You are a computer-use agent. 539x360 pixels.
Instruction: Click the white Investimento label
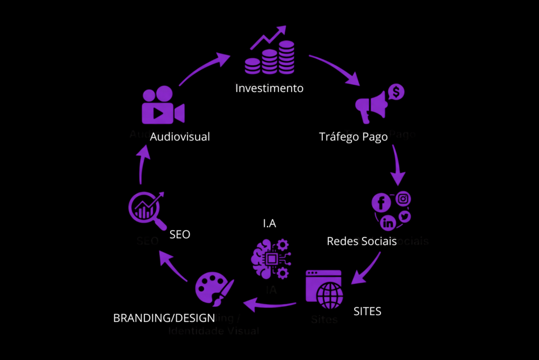pos(269,88)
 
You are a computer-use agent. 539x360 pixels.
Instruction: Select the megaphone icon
pos(372,109)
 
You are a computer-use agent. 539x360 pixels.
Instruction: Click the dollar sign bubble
pos(396,93)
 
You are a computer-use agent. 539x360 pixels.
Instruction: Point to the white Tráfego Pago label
pos(353,137)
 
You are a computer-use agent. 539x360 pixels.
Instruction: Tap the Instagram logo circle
pos(403,199)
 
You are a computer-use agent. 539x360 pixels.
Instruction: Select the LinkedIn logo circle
pos(388,223)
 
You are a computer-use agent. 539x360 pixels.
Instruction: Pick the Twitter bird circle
pos(404,216)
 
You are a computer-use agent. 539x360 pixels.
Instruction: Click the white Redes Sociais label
pos(362,241)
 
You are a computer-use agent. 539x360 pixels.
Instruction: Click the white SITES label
pos(367,311)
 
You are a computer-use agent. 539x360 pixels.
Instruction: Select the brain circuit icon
pos(270,258)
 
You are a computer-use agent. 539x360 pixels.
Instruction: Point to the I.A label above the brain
pos(270,224)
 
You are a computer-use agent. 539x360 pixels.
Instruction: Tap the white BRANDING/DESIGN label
pos(164,318)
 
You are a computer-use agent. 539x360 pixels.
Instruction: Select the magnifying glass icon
pos(145,209)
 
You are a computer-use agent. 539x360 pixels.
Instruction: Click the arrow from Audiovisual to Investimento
pos(204,67)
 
